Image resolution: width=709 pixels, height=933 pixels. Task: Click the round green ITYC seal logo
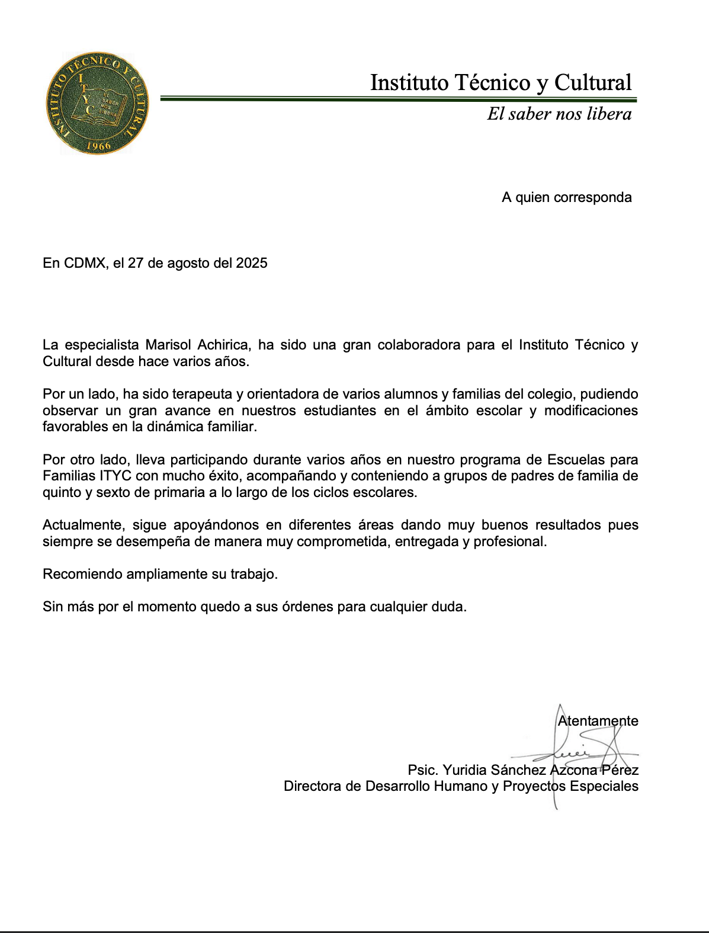click(x=97, y=103)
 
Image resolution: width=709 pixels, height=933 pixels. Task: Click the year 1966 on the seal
click(x=98, y=146)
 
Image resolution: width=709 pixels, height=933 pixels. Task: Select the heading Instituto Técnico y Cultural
click(x=501, y=83)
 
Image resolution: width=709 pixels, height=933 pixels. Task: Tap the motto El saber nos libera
click(x=559, y=114)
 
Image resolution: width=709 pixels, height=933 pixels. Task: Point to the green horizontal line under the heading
click(x=398, y=99)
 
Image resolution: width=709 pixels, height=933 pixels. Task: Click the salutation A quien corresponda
click(x=566, y=197)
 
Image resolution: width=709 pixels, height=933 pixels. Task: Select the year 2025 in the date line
click(x=252, y=263)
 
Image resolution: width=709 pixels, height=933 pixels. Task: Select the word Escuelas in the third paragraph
click(x=576, y=460)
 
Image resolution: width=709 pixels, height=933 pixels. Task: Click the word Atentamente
click(x=598, y=721)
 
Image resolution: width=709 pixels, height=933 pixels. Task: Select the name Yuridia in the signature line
click(x=465, y=770)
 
